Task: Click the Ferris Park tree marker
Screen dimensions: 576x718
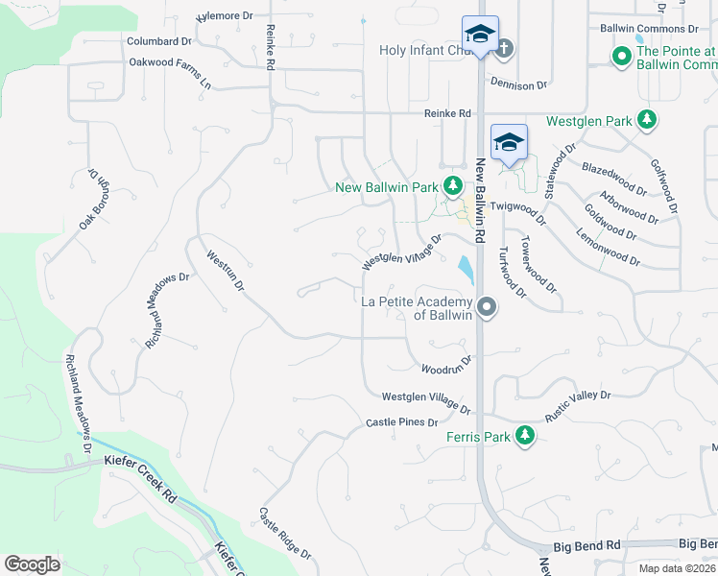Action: tap(524, 437)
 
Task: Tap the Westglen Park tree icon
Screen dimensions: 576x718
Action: tap(648, 120)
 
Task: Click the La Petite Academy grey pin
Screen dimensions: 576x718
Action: tap(487, 307)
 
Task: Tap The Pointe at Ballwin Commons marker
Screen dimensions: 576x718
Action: tap(621, 57)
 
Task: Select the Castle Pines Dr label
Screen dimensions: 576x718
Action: tap(401, 422)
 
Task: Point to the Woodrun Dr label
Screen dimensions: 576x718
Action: tap(446, 366)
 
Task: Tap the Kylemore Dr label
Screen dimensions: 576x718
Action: tap(224, 16)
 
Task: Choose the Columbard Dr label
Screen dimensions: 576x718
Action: tap(159, 41)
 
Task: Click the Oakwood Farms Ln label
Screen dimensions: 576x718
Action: tap(169, 73)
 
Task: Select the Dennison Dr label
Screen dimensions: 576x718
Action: tap(518, 84)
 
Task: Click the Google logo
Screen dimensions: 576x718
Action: tap(33, 564)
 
